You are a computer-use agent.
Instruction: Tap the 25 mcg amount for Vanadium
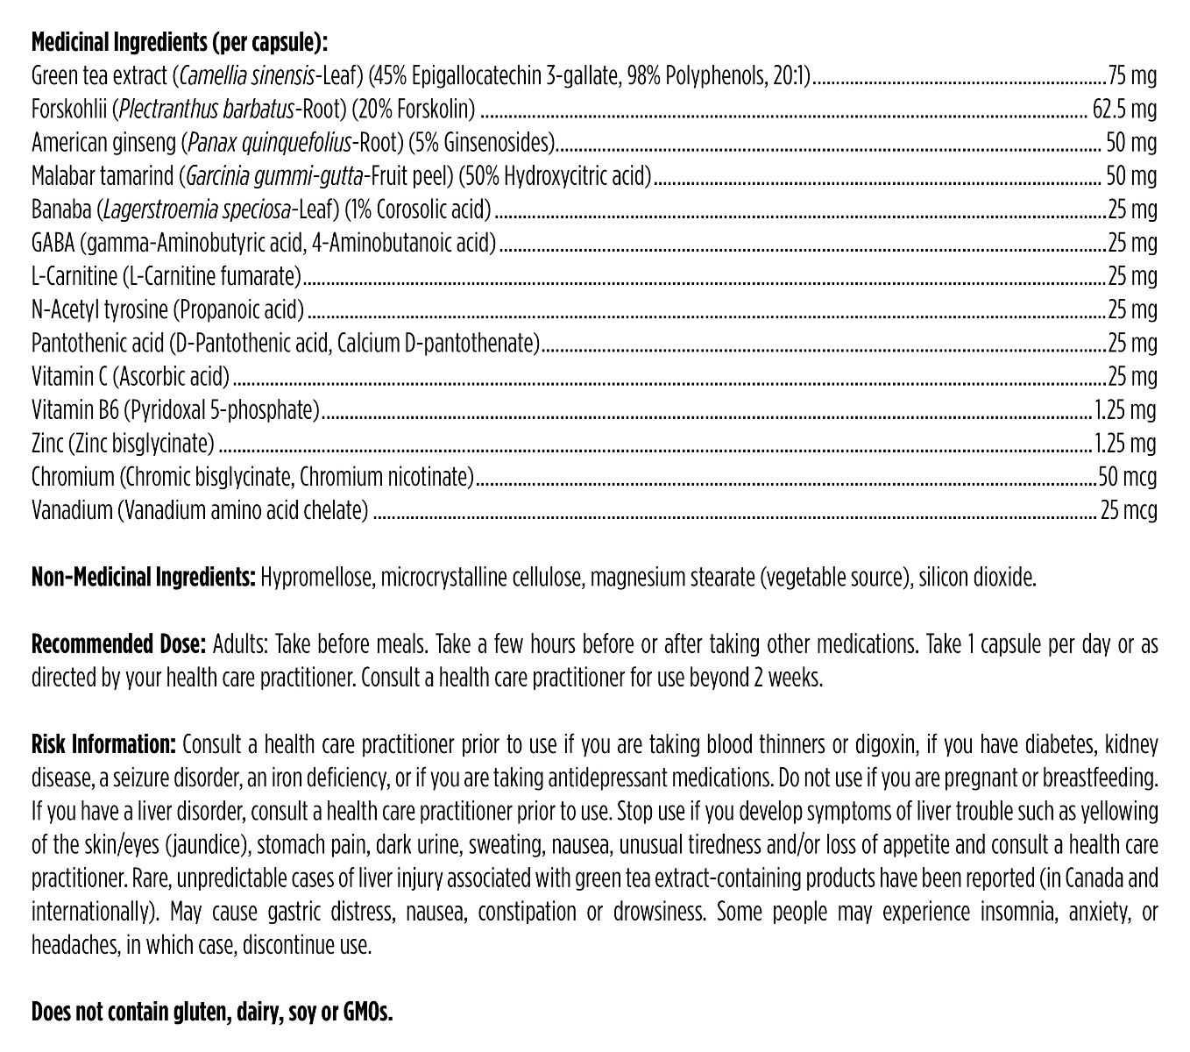(1129, 510)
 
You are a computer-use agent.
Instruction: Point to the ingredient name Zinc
(47, 444)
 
